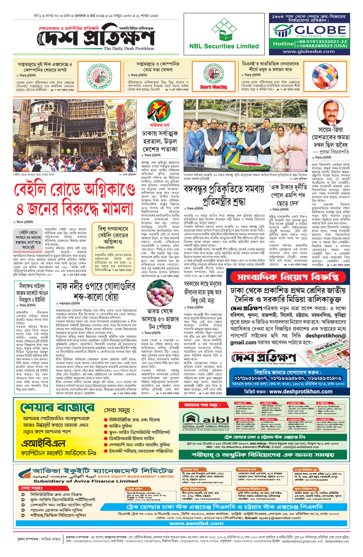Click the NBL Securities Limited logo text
[x=224, y=46]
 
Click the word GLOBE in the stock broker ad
[x=320, y=30]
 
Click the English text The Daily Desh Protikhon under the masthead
[x=129, y=48]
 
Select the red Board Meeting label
[x=214, y=87]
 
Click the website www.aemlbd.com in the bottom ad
[x=196, y=523]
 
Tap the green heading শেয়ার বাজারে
[x=57, y=408]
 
